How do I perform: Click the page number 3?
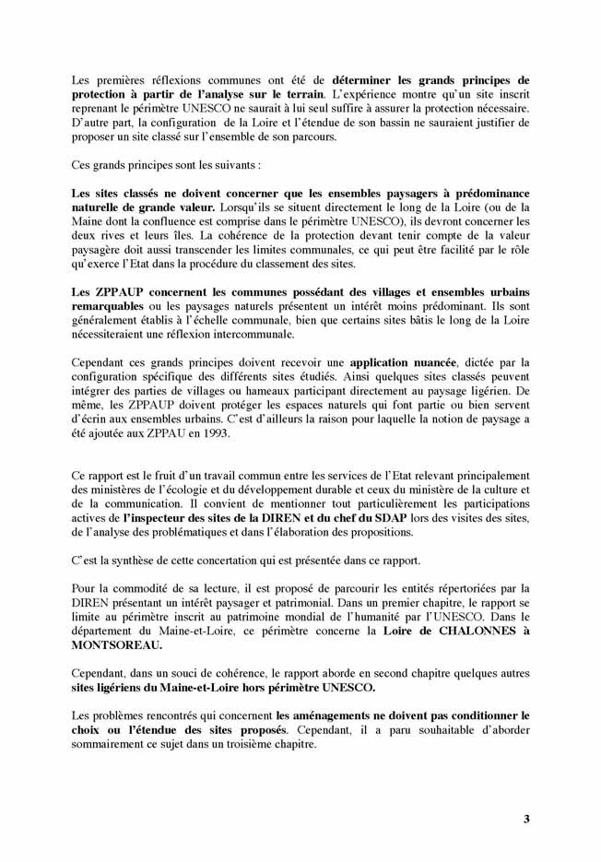[x=526, y=819]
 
